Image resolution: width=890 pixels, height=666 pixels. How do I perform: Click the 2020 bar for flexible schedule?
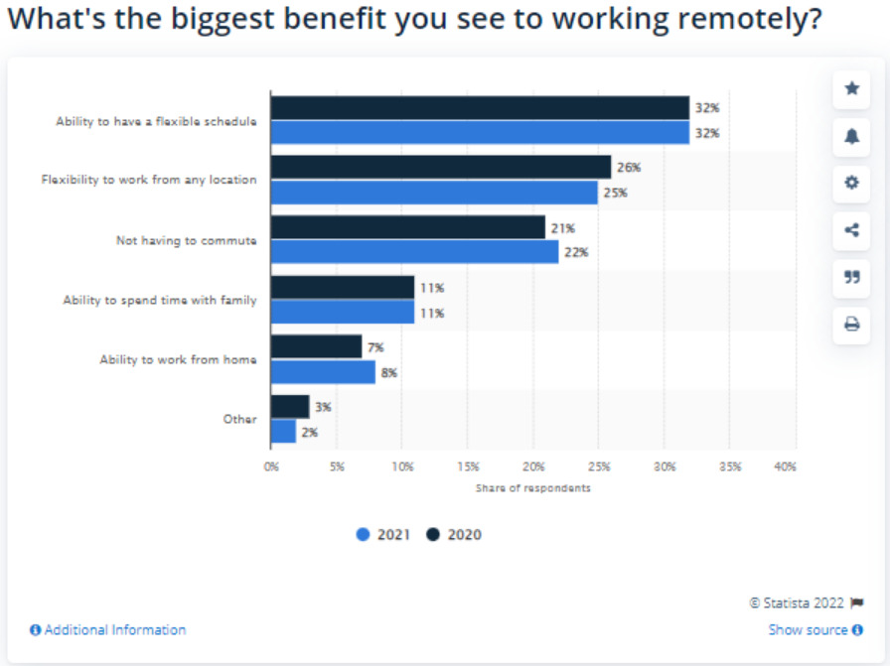480,108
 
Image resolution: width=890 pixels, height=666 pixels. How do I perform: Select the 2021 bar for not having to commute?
414,252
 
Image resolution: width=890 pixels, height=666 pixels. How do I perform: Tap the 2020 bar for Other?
290,407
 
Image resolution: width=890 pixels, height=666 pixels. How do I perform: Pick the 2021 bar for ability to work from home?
323,372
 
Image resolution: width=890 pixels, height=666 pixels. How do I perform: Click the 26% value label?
628,168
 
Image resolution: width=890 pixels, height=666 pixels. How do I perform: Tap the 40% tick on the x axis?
784,466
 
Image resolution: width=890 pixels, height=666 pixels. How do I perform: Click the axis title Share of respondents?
532,488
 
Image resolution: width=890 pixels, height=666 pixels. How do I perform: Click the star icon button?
851,89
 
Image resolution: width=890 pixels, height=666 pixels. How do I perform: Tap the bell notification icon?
851,137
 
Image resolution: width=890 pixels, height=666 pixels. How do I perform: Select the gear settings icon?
851,184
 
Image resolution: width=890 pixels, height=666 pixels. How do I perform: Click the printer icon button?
851,325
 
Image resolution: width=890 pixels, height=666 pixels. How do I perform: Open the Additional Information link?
108,630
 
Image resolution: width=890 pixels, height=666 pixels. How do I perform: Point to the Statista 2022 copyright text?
798,602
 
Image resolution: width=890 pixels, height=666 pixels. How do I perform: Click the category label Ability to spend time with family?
160,300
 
